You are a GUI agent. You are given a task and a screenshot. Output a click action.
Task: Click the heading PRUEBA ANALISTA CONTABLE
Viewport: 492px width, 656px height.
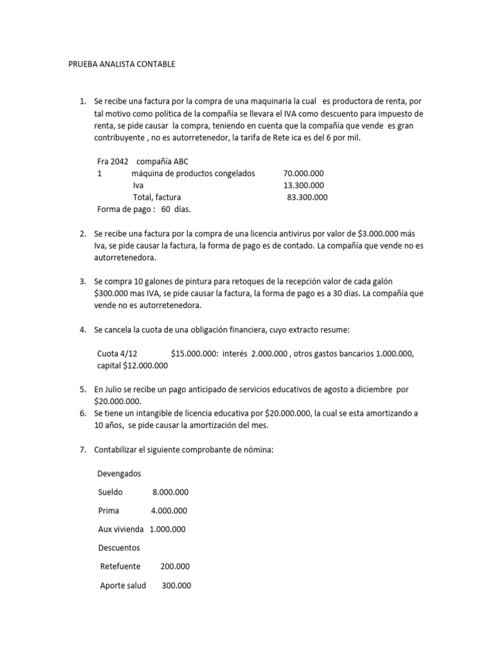click(x=121, y=65)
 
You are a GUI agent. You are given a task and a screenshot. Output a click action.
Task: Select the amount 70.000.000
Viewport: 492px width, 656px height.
click(x=303, y=174)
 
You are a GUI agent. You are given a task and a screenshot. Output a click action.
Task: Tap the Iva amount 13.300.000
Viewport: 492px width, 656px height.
click(x=303, y=185)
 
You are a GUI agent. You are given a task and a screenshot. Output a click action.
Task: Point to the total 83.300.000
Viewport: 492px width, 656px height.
click(x=307, y=197)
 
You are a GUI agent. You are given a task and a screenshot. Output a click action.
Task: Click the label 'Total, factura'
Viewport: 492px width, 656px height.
click(x=157, y=197)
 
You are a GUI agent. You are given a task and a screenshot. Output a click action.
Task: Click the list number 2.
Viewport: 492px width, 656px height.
click(x=83, y=234)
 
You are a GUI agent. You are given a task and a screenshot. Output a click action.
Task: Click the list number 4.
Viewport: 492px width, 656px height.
click(x=83, y=330)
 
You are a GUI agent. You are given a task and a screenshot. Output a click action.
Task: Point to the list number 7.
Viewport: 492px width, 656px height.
click(x=83, y=450)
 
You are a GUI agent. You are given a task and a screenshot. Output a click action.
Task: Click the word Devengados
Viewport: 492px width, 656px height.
click(x=119, y=473)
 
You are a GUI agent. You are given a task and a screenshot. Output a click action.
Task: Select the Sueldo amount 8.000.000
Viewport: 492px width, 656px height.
click(x=170, y=492)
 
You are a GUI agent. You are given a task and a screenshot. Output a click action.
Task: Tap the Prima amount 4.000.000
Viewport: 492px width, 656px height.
click(x=169, y=511)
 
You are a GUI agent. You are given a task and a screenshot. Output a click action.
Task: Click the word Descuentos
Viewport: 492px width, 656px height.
click(x=119, y=548)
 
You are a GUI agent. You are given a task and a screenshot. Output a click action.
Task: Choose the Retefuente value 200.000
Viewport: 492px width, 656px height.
click(x=175, y=567)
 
